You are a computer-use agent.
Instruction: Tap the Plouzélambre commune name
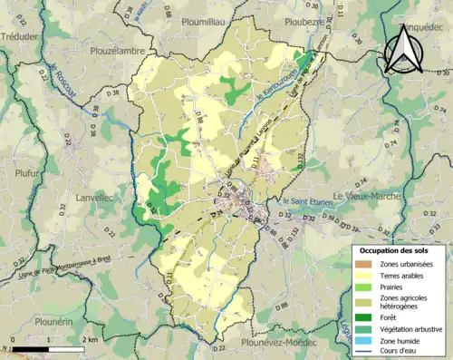[118, 52]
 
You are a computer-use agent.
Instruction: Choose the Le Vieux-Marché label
[367, 196]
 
